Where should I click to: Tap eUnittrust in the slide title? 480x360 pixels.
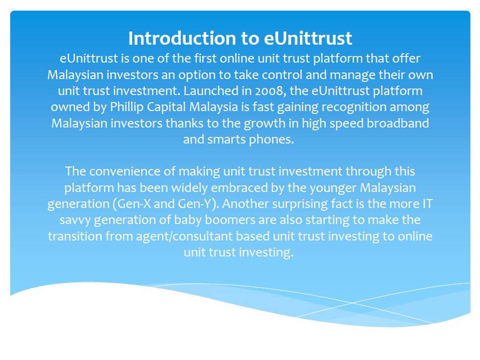coord(307,38)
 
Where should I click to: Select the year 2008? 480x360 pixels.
coord(269,91)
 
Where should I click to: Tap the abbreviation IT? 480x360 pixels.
coord(427,204)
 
